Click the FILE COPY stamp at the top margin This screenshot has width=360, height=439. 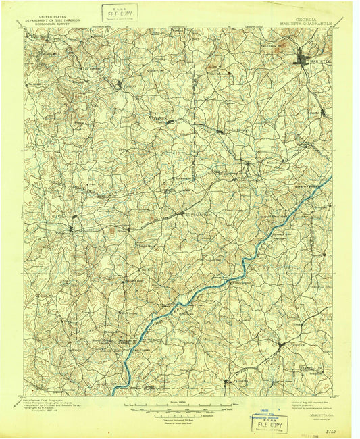click(x=120, y=12)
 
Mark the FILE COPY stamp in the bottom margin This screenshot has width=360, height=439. click(x=267, y=425)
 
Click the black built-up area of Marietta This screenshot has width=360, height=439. click(x=303, y=59)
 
